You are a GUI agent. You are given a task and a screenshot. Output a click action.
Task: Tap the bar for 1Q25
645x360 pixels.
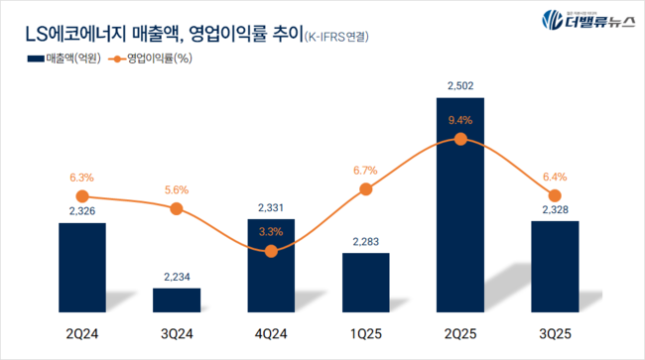click(x=366, y=284)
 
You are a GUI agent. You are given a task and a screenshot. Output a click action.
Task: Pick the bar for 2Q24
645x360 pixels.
click(x=82, y=269)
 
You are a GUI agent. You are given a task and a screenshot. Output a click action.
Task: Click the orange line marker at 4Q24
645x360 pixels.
click(x=272, y=252)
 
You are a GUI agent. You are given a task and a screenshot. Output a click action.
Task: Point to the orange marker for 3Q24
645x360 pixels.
click(x=177, y=208)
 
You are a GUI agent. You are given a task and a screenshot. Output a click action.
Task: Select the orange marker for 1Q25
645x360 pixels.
click(x=366, y=189)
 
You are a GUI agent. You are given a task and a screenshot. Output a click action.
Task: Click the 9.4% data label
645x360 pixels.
click(x=460, y=120)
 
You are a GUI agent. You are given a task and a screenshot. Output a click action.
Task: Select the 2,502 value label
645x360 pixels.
click(x=460, y=86)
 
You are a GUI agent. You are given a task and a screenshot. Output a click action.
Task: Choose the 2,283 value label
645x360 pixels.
click(x=366, y=241)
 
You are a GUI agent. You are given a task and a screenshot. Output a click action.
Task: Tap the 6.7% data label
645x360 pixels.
click(x=366, y=170)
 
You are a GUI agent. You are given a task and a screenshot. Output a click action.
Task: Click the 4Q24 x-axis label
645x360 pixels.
click(x=272, y=334)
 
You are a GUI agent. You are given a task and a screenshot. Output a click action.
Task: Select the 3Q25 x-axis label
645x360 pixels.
click(x=555, y=334)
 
